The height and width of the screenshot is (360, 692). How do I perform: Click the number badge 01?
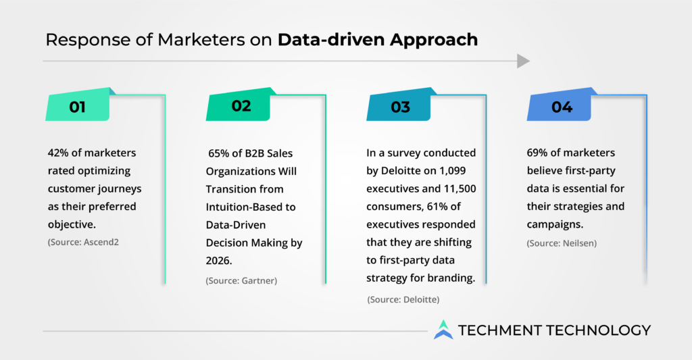click(78, 105)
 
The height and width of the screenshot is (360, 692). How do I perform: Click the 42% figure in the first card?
click(58, 153)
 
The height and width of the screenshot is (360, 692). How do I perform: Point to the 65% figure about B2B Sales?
click(218, 153)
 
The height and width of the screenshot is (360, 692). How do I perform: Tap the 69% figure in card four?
click(537, 153)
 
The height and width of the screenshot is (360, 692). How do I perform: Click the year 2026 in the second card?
click(218, 261)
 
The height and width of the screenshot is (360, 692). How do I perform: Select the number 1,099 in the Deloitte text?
click(452, 171)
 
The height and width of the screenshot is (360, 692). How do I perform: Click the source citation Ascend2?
click(83, 242)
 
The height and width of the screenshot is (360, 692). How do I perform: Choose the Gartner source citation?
click(241, 280)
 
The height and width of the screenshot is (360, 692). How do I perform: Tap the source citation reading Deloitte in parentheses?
click(403, 300)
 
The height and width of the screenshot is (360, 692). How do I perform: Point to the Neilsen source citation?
click(562, 243)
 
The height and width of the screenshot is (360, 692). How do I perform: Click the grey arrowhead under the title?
click(523, 61)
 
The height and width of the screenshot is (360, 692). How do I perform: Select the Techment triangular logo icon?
click(443, 330)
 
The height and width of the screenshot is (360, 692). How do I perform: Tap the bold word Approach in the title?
click(434, 40)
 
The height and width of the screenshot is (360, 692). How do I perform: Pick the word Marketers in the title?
click(201, 40)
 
